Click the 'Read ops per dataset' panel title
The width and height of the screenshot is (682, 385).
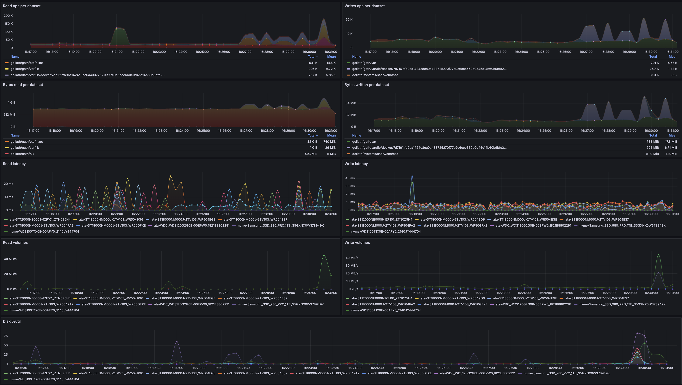click(22, 6)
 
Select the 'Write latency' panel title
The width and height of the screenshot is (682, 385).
click(356, 164)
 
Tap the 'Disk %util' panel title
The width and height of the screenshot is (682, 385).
click(12, 321)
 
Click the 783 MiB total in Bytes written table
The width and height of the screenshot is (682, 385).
click(652, 142)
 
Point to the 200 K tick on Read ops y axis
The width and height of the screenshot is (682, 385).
click(8, 16)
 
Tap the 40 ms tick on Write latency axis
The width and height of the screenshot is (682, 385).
click(350, 178)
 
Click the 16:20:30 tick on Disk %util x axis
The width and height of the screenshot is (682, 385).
click(199, 368)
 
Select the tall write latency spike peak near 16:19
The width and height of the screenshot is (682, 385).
click(412, 176)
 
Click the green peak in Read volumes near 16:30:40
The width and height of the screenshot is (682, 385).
click(324, 255)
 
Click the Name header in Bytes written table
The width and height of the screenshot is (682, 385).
click(356, 136)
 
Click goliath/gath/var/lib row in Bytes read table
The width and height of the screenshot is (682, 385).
click(25, 148)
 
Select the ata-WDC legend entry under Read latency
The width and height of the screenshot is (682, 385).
click(191, 226)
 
